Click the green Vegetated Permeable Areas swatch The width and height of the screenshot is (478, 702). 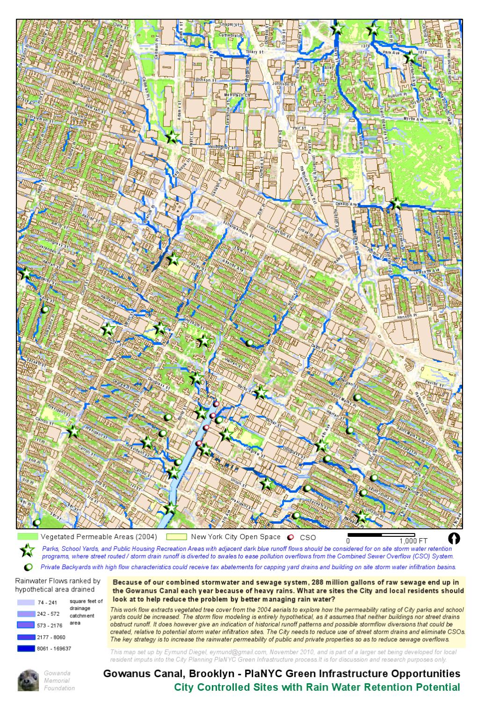click(x=28, y=537)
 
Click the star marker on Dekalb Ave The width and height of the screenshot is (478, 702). click(x=396, y=204)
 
